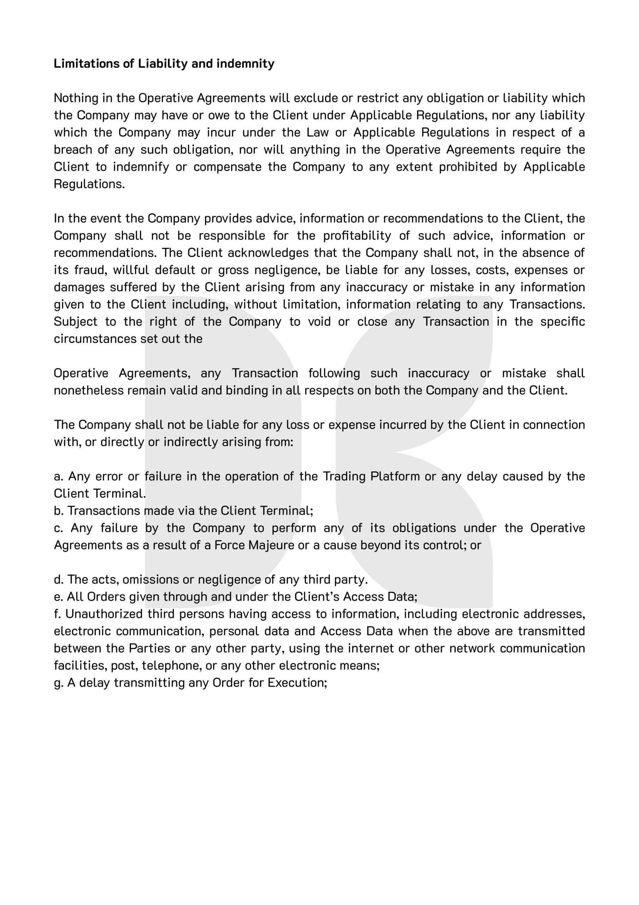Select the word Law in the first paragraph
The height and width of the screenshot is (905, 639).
(x=318, y=133)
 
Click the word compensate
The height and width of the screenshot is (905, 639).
(x=227, y=167)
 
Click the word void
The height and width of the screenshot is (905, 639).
(x=319, y=322)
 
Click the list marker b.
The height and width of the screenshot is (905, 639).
(x=58, y=511)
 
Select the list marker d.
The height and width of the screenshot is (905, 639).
(x=58, y=580)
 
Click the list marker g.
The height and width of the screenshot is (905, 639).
(x=58, y=683)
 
